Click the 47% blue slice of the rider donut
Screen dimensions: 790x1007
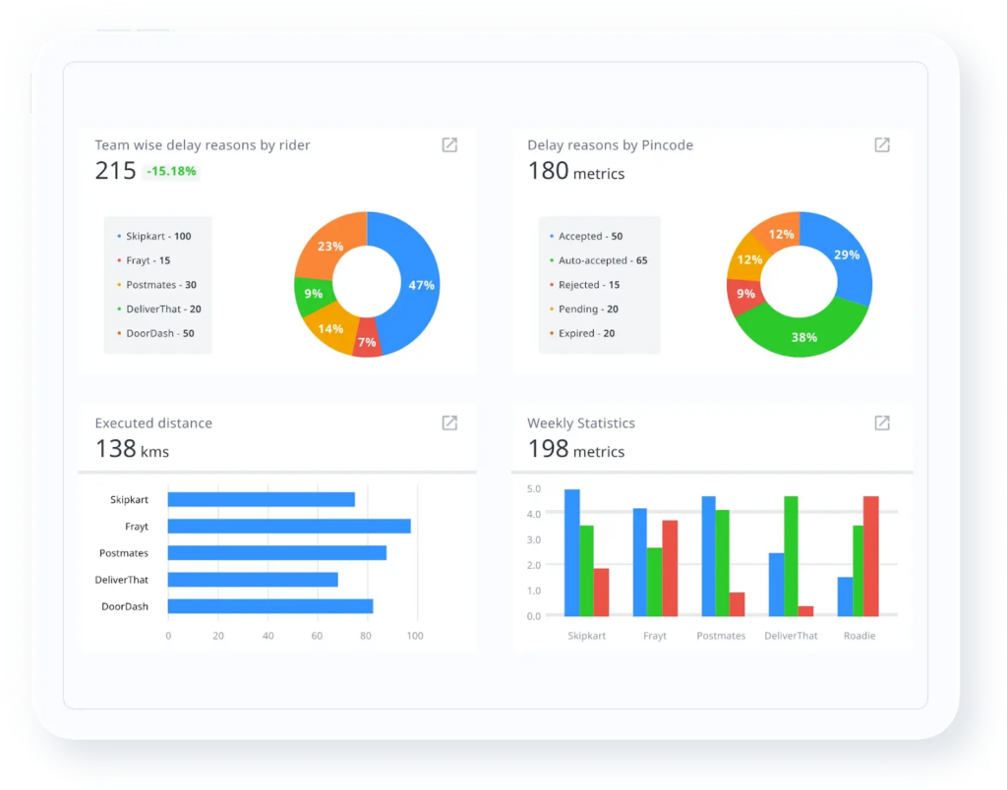pos(421,285)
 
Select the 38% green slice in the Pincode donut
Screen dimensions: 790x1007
pos(804,337)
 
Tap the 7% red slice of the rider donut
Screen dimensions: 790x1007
pos(367,341)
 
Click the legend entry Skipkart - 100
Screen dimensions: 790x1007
pos(157,237)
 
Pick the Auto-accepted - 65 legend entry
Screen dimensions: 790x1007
pos(602,261)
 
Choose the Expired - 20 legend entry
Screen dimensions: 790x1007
pos(586,334)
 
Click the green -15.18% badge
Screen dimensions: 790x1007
pos(172,171)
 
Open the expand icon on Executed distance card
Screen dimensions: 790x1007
pos(449,423)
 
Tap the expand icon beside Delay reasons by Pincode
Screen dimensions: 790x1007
pos(882,145)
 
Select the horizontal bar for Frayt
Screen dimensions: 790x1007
pos(289,527)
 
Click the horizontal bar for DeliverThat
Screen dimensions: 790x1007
pos(253,580)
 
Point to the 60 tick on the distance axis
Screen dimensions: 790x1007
pos(317,636)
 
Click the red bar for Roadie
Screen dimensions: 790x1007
pos(870,555)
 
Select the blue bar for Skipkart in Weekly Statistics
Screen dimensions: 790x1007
pos(571,552)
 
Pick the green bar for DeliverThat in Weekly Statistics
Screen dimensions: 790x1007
pos(791,555)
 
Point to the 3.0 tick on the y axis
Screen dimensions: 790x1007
pos(534,539)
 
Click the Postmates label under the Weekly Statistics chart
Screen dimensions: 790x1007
pos(721,636)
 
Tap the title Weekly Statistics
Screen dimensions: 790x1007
pos(581,423)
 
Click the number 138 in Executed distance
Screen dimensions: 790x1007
pos(115,449)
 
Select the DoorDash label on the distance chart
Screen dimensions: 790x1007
pos(125,606)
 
